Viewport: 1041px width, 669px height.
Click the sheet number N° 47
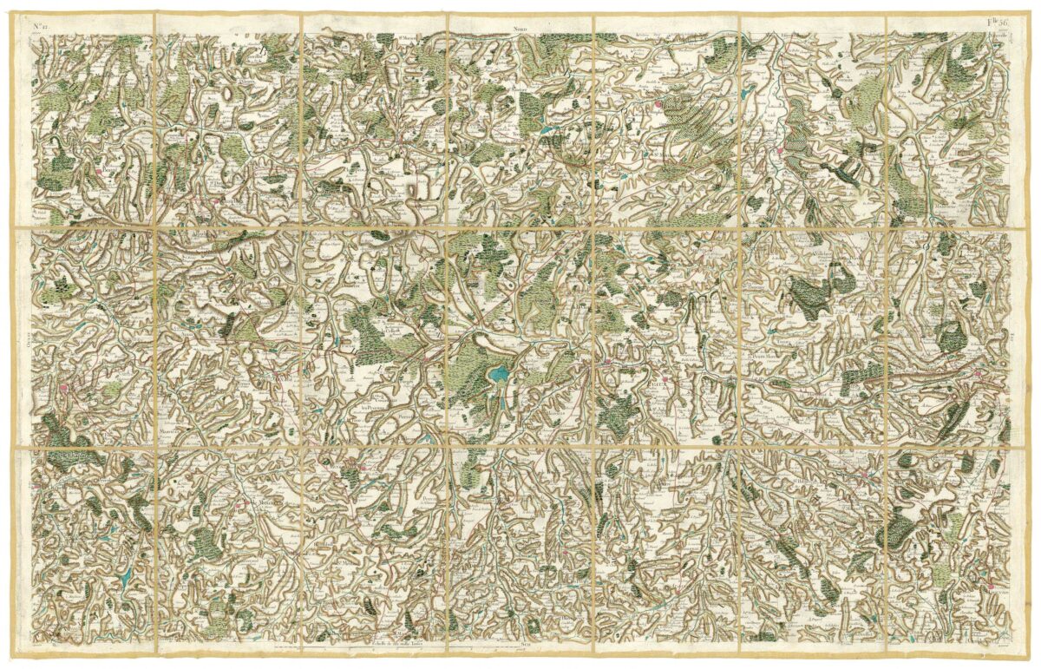(x=40, y=26)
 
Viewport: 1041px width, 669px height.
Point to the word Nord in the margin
(x=519, y=27)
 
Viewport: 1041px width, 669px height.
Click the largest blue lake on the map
(x=498, y=374)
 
